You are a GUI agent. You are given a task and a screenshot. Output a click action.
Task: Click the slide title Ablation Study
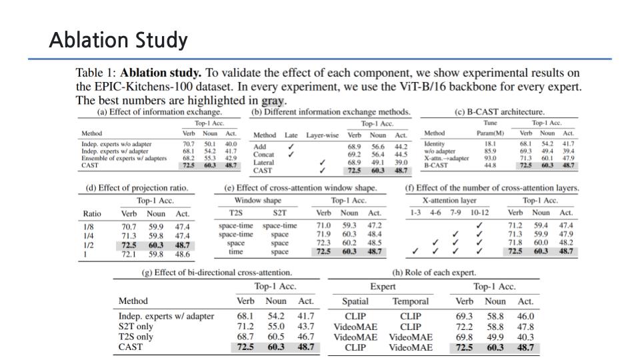tap(118, 41)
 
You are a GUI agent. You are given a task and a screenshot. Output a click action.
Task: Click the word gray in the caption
tap(272, 101)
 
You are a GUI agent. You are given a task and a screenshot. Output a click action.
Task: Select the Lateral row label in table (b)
tap(263, 163)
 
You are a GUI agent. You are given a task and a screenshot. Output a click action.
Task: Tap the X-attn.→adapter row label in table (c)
tap(446, 158)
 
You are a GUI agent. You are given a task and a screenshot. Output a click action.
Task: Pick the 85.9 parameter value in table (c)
tap(490, 151)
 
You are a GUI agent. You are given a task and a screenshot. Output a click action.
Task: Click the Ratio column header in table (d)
tap(92, 213)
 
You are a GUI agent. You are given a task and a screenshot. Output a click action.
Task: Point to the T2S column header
tap(235, 213)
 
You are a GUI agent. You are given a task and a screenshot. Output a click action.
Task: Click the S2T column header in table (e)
tap(279, 213)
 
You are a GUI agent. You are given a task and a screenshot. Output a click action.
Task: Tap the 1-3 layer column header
tap(415, 213)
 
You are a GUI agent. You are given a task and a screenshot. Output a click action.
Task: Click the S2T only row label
tap(135, 327)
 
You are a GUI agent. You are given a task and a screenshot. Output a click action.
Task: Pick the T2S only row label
tap(135, 337)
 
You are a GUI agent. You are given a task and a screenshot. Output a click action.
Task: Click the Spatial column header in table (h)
tap(355, 301)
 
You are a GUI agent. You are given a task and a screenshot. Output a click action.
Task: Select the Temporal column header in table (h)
tap(410, 301)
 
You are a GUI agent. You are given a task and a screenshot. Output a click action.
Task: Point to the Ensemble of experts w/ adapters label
tap(124, 158)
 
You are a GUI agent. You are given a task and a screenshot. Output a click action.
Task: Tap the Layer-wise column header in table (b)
tap(323, 135)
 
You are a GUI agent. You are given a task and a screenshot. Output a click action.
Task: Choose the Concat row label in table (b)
tap(263, 155)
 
